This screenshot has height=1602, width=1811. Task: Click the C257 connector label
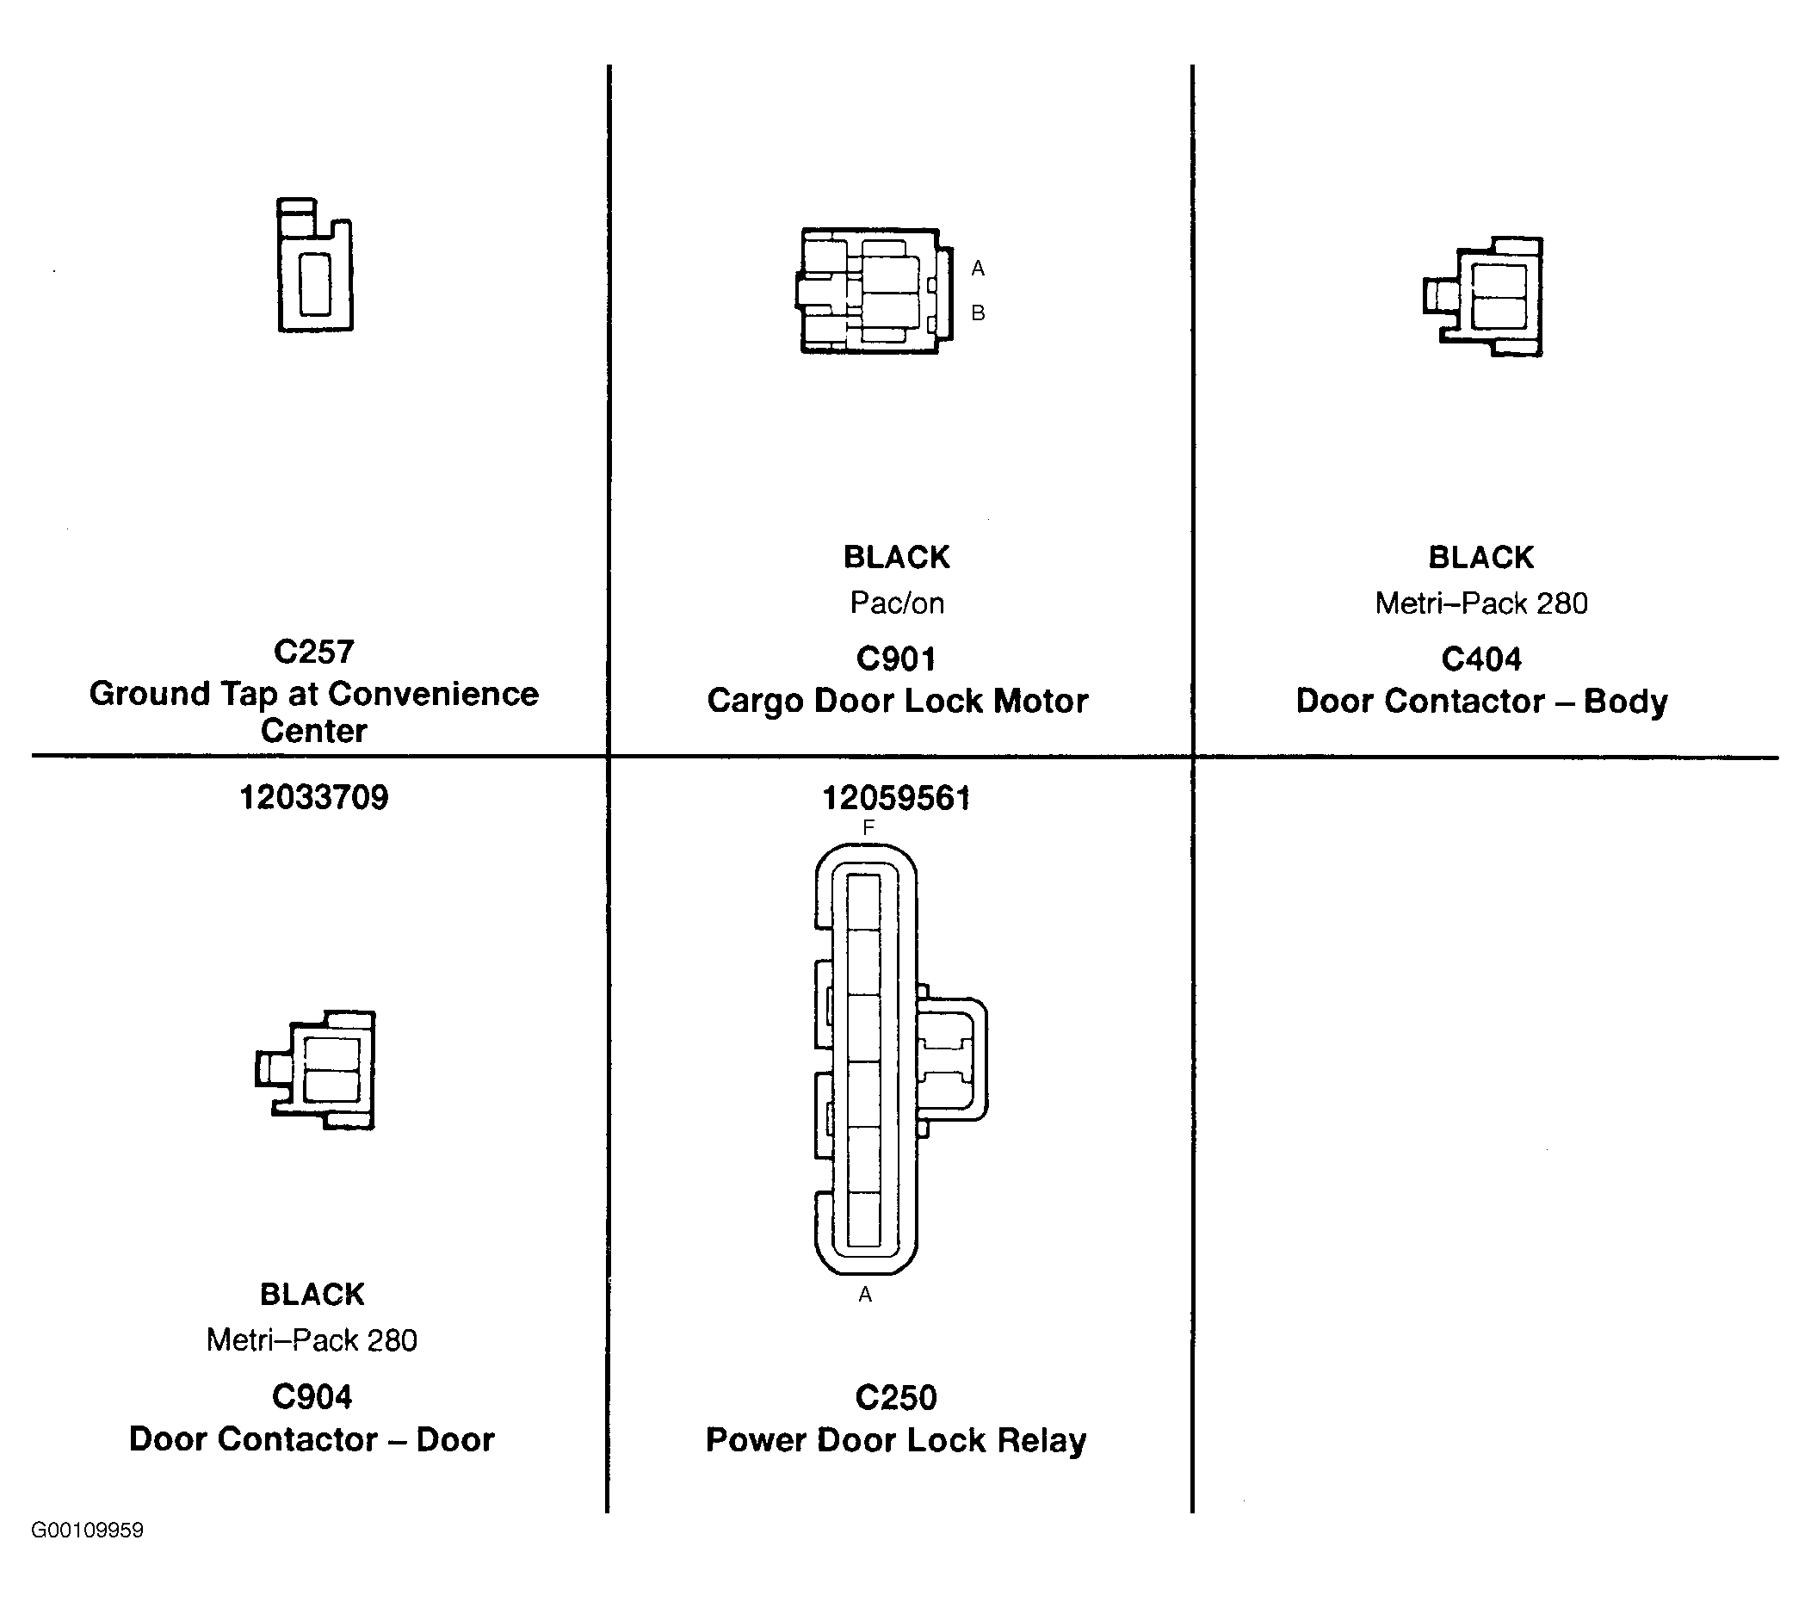[313, 653]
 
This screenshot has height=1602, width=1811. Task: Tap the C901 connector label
[896, 659]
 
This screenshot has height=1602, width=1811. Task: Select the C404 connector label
[1481, 659]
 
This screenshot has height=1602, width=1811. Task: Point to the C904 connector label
[312, 1397]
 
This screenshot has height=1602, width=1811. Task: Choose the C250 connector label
[896, 1398]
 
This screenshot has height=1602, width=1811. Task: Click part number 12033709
[313, 797]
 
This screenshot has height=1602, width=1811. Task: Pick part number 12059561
[896, 798]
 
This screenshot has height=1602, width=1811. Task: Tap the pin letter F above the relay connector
[868, 827]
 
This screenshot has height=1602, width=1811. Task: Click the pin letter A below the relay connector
[866, 1295]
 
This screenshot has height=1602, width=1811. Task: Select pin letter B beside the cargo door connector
[978, 312]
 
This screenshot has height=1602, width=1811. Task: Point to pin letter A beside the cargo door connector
[978, 268]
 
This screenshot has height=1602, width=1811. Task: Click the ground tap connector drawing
[314, 265]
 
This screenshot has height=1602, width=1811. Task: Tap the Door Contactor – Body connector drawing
[1483, 297]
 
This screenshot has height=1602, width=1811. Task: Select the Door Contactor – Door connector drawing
[315, 1070]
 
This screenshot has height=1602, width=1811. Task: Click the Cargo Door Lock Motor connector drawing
[875, 291]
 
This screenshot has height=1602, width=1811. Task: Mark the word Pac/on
[897, 603]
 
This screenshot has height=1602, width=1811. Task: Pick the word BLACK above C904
[312, 1295]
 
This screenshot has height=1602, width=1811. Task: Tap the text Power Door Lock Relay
[896, 1441]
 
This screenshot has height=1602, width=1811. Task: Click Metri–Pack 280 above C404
[1481, 603]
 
